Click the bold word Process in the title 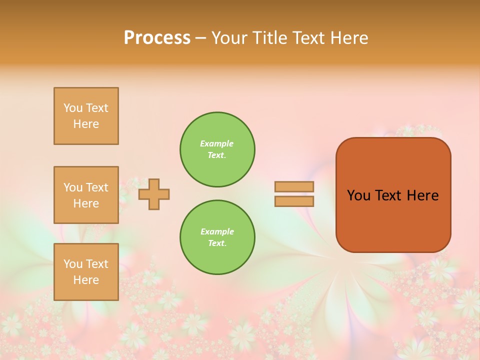point(157,38)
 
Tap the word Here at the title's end point(348,38)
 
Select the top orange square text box point(86,116)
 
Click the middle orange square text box point(86,195)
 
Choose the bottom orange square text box point(86,272)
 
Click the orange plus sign point(154,194)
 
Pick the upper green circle point(217,149)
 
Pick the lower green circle point(217,237)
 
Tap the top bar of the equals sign point(294,187)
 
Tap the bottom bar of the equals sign point(294,201)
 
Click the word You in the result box point(358,195)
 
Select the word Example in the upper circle point(216,143)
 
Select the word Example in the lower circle point(217,231)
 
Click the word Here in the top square point(86,124)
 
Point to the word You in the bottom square point(73,264)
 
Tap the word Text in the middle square point(97,187)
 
